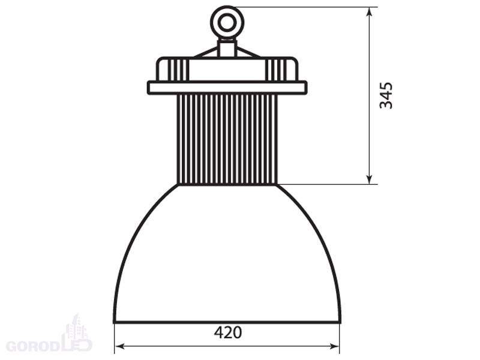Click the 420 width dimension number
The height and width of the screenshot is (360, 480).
click(228, 332)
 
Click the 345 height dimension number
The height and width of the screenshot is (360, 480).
click(386, 95)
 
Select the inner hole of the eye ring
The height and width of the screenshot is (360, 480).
click(227, 22)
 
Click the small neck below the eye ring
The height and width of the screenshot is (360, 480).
click(227, 48)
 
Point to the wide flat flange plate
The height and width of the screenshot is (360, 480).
click(227, 88)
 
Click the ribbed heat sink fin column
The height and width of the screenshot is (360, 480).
click(227, 139)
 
